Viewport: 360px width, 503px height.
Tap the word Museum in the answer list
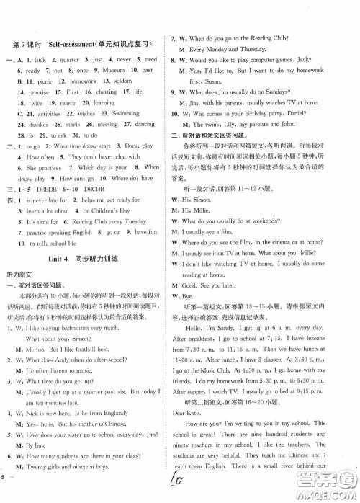coord(111,71)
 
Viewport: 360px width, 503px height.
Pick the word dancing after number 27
coord(144,125)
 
